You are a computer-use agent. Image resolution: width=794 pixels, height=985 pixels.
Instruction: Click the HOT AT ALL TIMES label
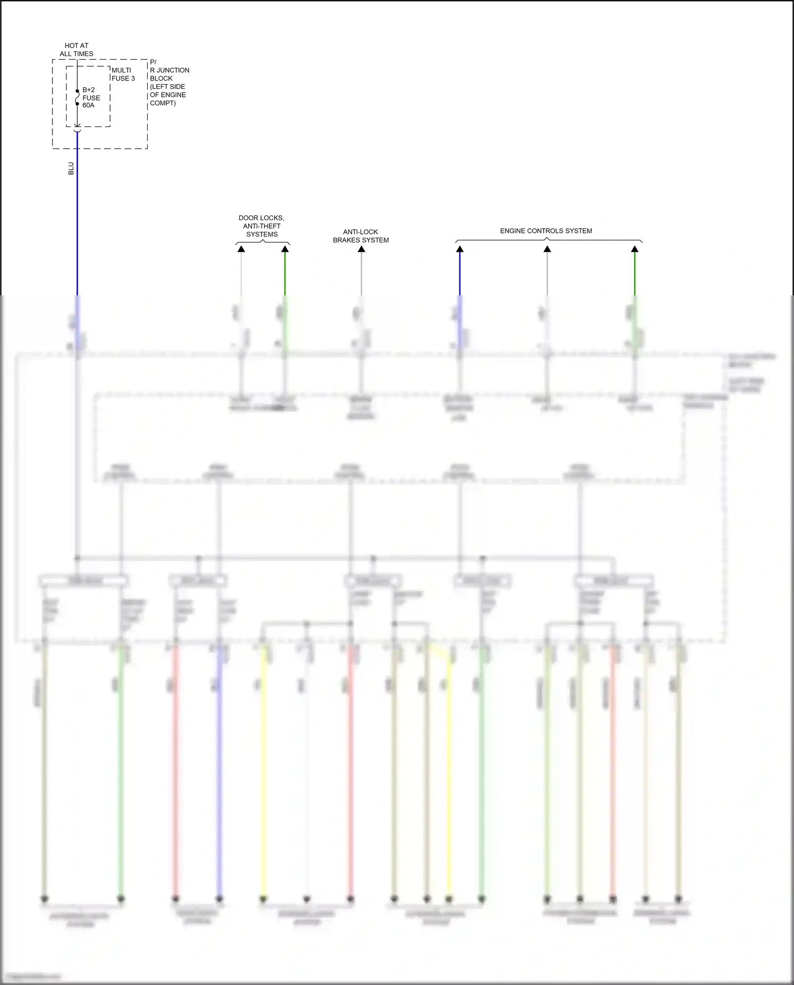coord(76,50)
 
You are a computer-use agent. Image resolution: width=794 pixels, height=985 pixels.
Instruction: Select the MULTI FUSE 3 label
coord(123,74)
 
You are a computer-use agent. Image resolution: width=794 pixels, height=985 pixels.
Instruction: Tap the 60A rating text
coord(88,105)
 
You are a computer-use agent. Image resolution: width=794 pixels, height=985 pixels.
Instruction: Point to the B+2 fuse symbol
coord(77,98)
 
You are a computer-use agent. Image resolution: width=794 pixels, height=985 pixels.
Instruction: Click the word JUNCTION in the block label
coord(173,70)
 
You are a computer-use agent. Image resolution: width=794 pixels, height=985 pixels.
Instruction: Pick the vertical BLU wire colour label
coord(71,168)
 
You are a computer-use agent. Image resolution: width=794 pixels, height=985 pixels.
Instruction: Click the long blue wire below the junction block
coord(77,222)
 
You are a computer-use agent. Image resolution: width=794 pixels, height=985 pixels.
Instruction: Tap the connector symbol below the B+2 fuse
coord(77,127)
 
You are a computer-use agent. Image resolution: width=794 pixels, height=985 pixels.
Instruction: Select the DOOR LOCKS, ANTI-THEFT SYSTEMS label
coord(261,226)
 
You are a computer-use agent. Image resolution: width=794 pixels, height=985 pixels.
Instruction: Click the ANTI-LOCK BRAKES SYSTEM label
coord(360,236)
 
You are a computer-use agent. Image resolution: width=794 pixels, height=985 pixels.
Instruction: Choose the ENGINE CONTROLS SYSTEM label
coord(546,231)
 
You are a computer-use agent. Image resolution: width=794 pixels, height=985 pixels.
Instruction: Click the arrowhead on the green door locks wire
coord(285,249)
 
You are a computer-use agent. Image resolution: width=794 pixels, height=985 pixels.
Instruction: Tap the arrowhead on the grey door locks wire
coord(241,249)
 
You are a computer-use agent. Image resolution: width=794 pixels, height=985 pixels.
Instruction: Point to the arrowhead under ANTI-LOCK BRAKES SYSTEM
coord(362,249)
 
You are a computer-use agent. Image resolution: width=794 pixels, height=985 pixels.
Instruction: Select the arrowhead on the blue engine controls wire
coord(460,249)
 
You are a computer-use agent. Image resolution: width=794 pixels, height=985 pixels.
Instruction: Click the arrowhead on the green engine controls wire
coord(635,249)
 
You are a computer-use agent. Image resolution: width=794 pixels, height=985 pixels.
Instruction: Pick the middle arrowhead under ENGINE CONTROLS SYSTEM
coord(547,249)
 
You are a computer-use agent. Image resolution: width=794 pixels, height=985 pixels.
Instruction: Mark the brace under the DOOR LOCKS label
coord(263,242)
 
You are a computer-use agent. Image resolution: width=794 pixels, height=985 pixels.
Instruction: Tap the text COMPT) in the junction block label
coord(163,103)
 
